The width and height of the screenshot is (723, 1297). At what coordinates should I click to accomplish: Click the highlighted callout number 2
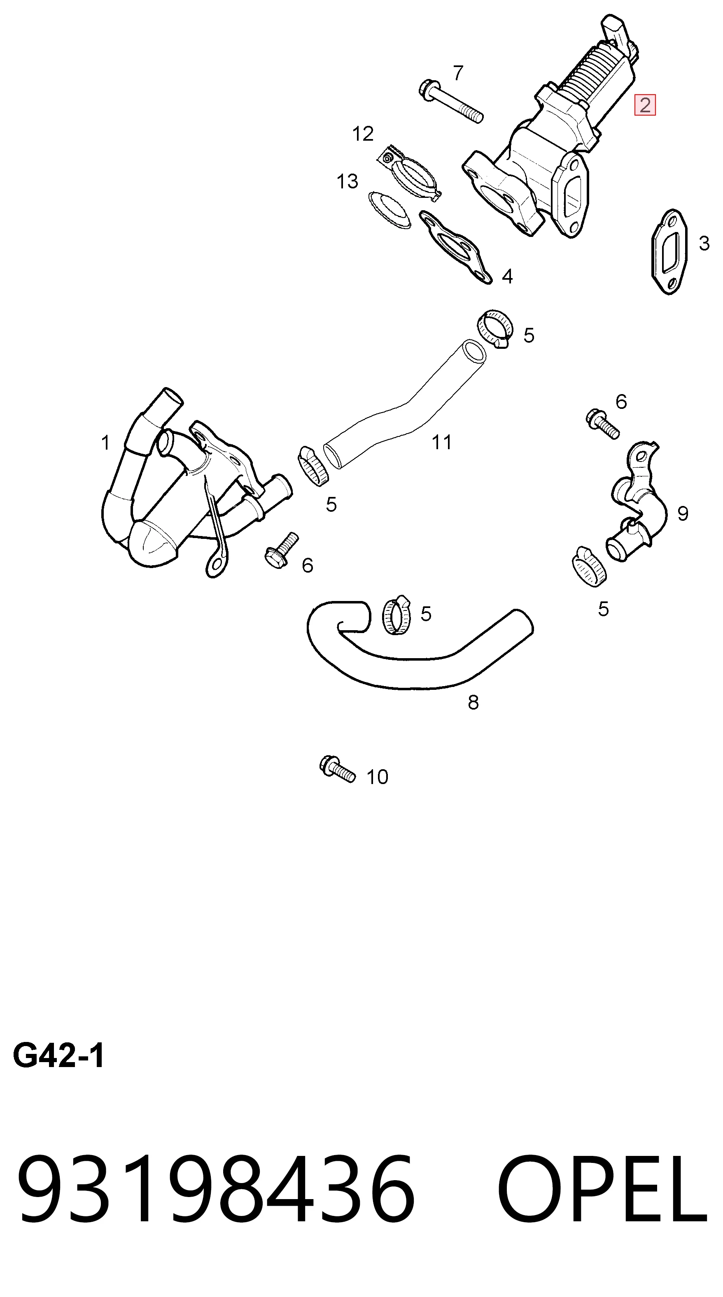point(645,105)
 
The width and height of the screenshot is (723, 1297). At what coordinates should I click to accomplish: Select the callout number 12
point(363,134)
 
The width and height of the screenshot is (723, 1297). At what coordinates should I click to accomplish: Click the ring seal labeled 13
point(389,209)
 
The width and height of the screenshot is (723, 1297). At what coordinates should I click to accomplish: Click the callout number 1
point(105,443)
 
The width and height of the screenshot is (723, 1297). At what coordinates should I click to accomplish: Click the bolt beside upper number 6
point(603,424)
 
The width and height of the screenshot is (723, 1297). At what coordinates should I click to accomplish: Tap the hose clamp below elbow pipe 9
point(589,566)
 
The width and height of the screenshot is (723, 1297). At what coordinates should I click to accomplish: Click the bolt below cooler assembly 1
point(281,550)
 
